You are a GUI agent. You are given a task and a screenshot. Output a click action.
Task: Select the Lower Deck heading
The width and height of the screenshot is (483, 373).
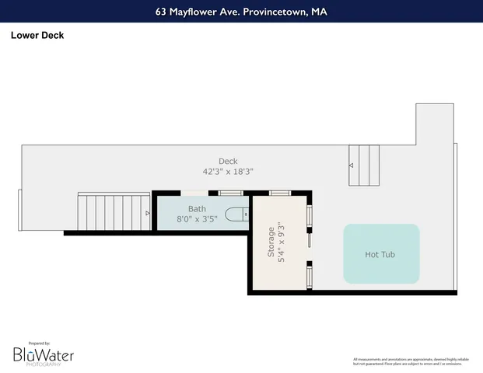[x=37, y=35]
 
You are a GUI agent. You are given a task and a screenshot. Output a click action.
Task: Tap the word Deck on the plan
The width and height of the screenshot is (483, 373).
[x=228, y=162]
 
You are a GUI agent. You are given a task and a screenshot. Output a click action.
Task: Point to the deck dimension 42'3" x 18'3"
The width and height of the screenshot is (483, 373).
[x=228, y=172]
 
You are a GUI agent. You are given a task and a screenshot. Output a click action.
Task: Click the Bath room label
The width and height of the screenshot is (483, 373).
[x=197, y=209]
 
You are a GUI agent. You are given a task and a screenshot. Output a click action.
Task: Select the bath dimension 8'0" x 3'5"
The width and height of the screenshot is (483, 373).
[x=197, y=218]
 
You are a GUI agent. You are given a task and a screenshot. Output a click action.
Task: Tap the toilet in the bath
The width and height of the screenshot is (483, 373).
[x=236, y=214]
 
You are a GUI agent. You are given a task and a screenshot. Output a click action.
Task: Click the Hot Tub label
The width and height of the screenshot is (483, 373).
[x=381, y=254]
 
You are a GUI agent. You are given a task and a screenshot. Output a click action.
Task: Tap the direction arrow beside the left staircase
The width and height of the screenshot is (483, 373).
[x=147, y=212]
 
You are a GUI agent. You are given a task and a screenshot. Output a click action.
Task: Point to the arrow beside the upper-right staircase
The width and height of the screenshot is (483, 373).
[x=351, y=166]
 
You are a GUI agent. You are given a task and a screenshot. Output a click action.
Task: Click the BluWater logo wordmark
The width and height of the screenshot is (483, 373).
[x=44, y=354]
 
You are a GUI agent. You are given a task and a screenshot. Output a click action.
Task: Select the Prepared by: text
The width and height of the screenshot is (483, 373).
[x=39, y=343]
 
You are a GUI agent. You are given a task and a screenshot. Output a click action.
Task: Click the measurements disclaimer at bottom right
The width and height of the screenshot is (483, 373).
[x=412, y=361]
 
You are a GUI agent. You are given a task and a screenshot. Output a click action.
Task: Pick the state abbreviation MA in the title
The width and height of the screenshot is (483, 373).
[x=319, y=12]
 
